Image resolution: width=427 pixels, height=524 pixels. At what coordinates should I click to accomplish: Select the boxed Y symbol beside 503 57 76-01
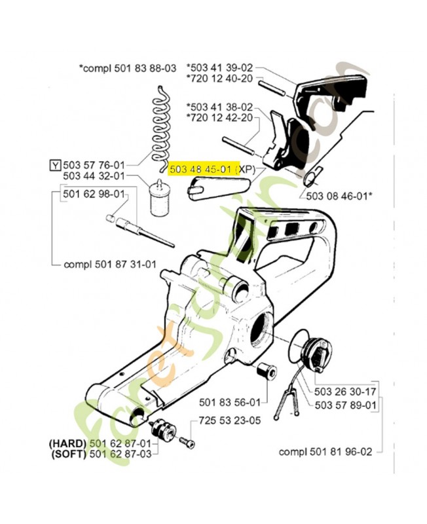point(56,164)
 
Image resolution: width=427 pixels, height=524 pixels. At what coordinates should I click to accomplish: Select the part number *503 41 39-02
point(219,68)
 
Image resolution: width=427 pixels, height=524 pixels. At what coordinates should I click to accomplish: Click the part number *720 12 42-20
point(219,117)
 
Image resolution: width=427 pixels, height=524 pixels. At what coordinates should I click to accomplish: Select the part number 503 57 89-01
point(345,405)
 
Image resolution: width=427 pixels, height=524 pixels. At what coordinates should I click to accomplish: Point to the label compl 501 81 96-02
point(325,451)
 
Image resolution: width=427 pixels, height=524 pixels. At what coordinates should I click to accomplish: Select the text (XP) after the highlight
point(246,169)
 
